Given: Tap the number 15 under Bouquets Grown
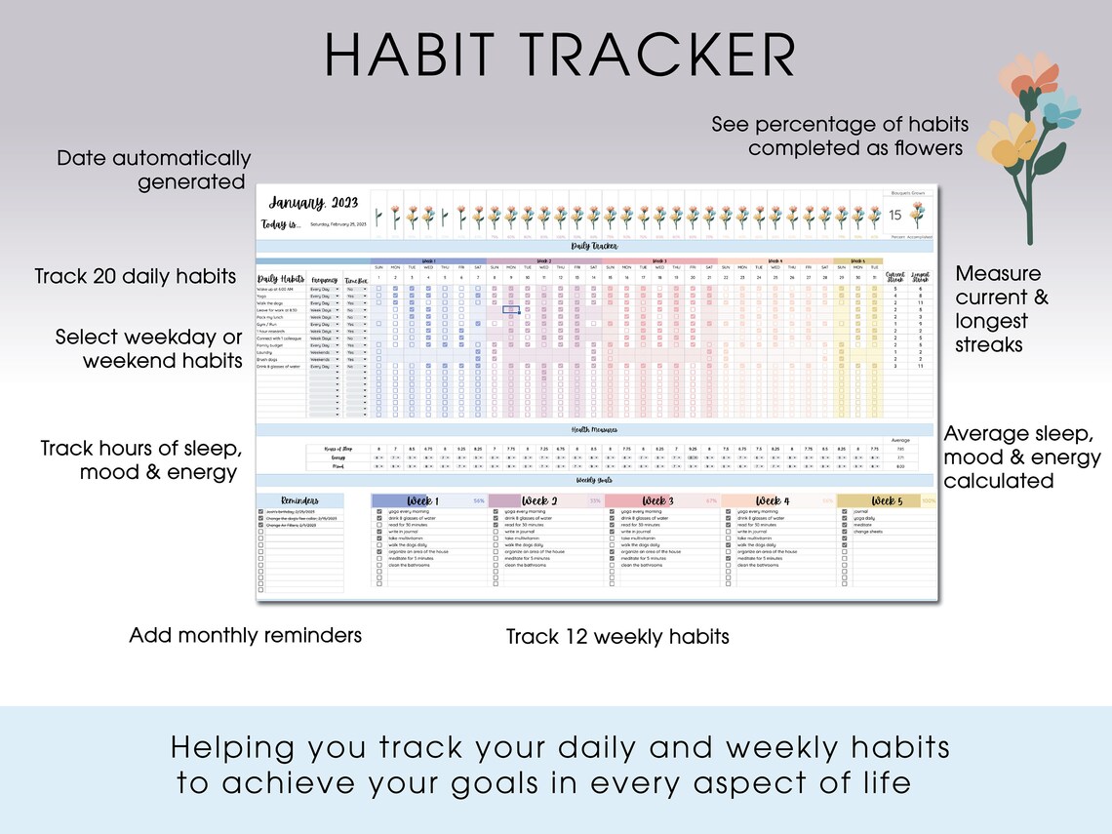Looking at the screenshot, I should pyautogui.click(x=895, y=216).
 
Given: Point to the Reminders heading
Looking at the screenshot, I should pyautogui.click(x=300, y=500).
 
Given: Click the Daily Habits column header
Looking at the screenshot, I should pyautogui.click(x=281, y=279).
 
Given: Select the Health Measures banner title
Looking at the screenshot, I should pyautogui.click(x=594, y=429).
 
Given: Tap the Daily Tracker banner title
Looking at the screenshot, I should pyautogui.click(x=594, y=247).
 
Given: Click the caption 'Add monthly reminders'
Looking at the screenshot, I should pyautogui.click(x=245, y=636).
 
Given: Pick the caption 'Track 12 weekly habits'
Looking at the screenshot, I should pyautogui.click(x=617, y=637).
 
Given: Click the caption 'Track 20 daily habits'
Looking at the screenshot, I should pyautogui.click(x=136, y=276).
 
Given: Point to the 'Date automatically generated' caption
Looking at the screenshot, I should pyautogui.click(x=153, y=170).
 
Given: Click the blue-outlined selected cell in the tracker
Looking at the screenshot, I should pyautogui.click(x=510, y=309).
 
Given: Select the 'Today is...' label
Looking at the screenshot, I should pyautogui.click(x=282, y=223).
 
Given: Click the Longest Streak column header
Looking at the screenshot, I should pyautogui.click(x=920, y=279).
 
